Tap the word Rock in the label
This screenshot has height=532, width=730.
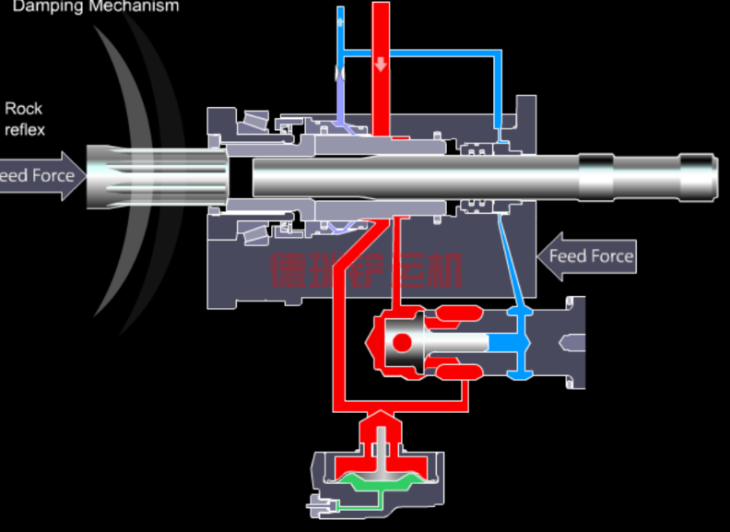click(23, 110)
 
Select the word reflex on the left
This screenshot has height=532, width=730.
click(24, 130)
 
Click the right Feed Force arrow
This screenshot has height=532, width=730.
click(588, 255)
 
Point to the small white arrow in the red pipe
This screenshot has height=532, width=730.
click(382, 65)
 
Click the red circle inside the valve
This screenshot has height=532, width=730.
click(402, 343)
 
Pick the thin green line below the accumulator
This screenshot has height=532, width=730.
click(355, 506)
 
